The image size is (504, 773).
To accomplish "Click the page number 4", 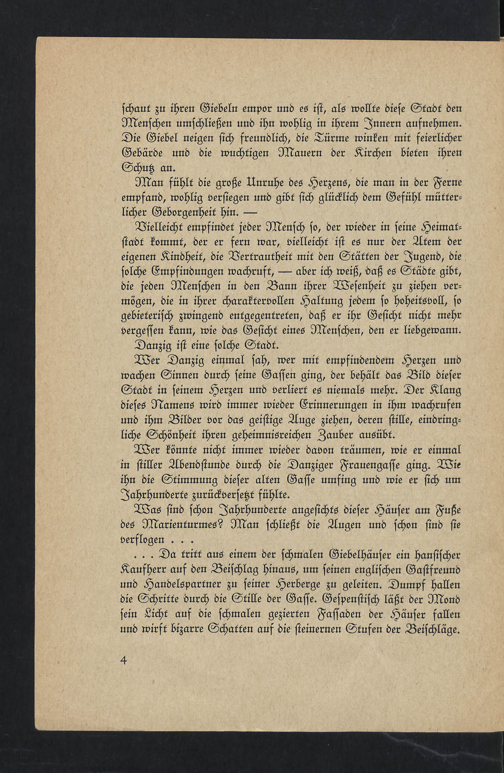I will point(123,660).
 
